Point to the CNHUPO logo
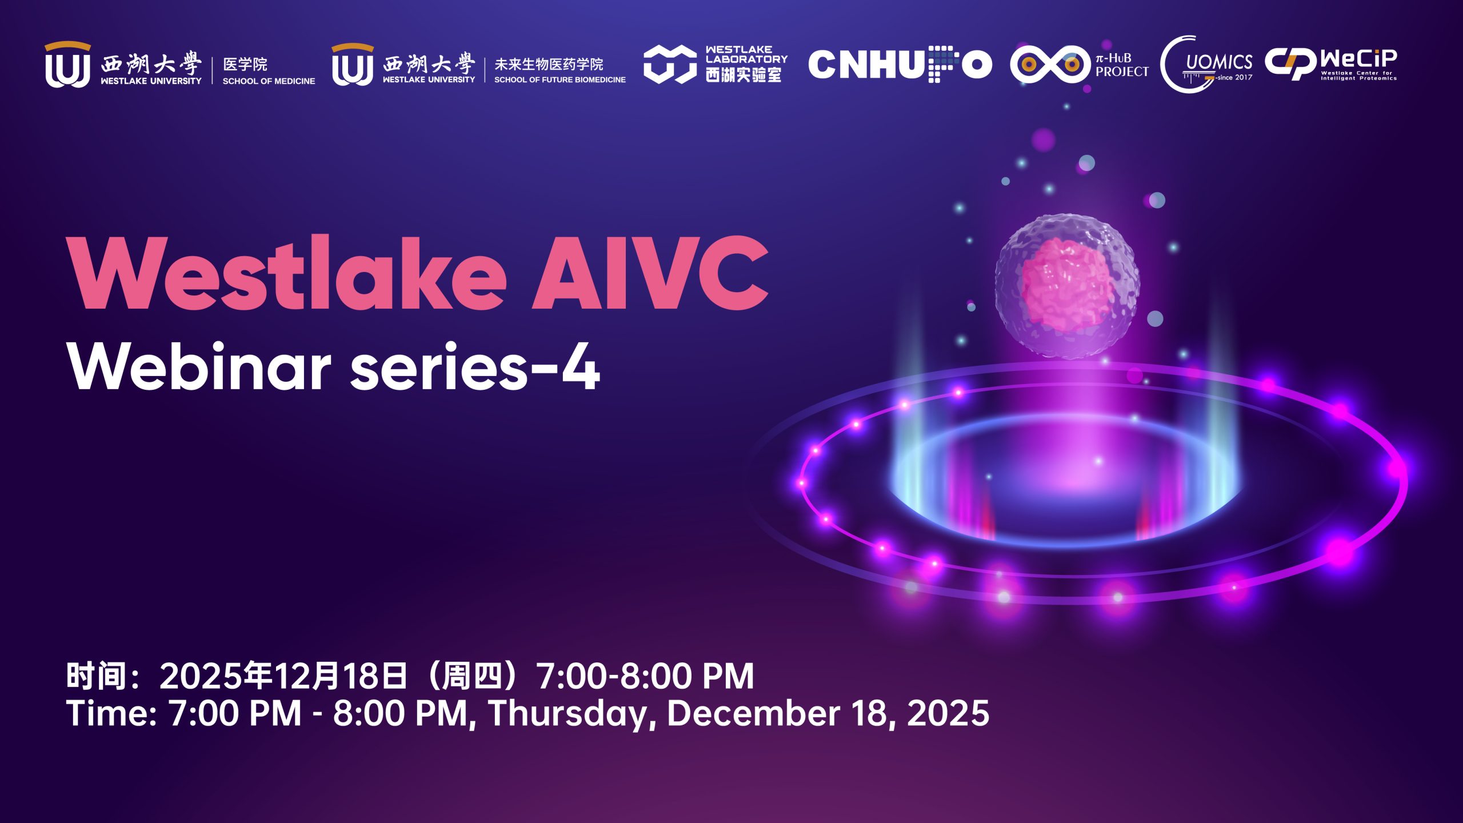[x=900, y=64]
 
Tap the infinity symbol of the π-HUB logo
[x=1050, y=64]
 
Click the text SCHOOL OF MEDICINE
[x=269, y=81]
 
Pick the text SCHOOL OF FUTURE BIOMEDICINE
[x=560, y=80]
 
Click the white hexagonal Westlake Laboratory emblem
[x=670, y=64]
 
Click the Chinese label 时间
[x=96, y=676]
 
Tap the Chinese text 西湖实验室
[x=744, y=74]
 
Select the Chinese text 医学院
[x=245, y=64]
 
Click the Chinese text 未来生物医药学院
[x=549, y=64]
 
